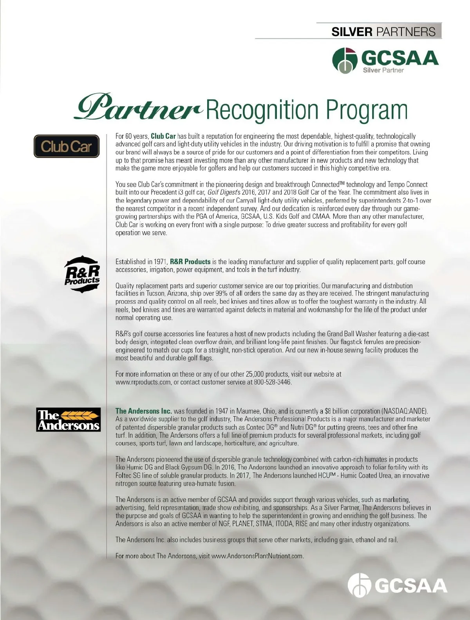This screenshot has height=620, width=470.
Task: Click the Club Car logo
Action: pos(66,146)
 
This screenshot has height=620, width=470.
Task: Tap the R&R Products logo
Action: pos(82,274)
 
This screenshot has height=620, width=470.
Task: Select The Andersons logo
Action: pos(69,420)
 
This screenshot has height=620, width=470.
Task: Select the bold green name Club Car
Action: pos(163,136)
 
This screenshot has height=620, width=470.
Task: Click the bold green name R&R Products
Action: pos(190,261)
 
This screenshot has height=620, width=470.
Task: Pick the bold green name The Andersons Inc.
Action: pos(143,411)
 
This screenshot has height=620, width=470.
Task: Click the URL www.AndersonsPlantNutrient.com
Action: pos(257,556)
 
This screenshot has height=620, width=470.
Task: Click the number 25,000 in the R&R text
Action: pos(255,374)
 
